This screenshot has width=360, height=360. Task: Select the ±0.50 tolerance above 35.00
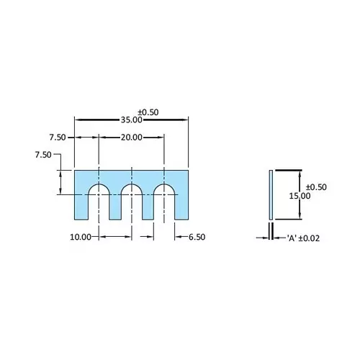click(148, 112)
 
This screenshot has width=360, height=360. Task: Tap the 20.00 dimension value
click(132, 137)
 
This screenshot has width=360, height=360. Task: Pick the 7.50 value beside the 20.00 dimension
click(58, 137)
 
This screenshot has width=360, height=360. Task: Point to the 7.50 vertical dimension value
click(42, 154)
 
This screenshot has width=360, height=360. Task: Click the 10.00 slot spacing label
click(81, 236)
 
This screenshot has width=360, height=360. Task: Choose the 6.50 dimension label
click(197, 236)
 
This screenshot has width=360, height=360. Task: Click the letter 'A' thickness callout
click(293, 237)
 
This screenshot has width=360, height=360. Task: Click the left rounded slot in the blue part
click(98, 202)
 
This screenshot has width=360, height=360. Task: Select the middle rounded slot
click(132, 202)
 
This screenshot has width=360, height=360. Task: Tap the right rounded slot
click(165, 202)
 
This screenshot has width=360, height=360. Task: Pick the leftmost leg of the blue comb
click(81, 205)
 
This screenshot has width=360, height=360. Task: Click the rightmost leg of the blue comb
click(181, 205)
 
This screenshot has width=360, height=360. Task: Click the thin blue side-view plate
click(270, 194)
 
